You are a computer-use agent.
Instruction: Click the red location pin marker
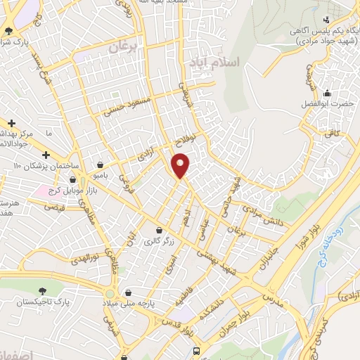(181, 165)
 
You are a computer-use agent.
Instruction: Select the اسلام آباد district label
(214, 63)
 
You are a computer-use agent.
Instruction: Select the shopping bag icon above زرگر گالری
(159, 231)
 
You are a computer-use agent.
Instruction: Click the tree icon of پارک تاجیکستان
(44, 290)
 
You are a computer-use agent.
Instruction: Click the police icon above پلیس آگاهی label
(326, 20)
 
